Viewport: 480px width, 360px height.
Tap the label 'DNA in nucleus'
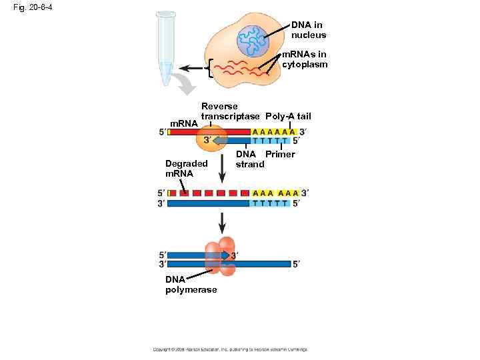[309, 29]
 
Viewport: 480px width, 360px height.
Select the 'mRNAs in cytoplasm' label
[305, 59]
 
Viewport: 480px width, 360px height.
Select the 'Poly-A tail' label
[288, 117]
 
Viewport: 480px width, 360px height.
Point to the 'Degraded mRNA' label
[186, 168]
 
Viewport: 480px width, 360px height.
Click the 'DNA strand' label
[250, 159]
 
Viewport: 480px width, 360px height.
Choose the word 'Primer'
[280, 155]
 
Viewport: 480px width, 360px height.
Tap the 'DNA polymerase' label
[191, 285]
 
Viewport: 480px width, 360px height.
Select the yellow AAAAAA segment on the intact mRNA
[274, 131]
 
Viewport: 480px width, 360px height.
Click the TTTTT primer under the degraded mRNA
[271, 203]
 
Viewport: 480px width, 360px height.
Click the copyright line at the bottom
[229, 349]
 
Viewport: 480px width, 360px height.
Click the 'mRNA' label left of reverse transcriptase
[184, 123]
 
